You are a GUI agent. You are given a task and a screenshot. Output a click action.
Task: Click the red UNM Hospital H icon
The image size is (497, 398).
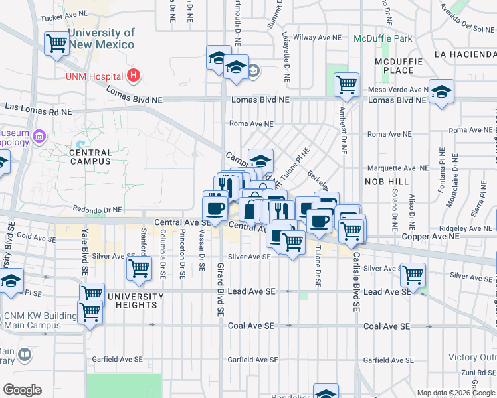pyautogui.click(x=135, y=76)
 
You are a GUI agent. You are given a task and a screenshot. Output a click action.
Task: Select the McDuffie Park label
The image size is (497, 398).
pyautogui.click(x=383, y=38)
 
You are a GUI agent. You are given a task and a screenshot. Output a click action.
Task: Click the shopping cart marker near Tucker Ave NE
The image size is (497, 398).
pyautogui.click(x=56, y=43)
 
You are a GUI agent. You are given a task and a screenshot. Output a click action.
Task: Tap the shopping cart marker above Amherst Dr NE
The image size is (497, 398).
pyautogui.click(x=346, y=84)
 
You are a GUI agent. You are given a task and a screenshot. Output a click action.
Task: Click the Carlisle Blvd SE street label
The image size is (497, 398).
pyautogui.click(x=356, y=281)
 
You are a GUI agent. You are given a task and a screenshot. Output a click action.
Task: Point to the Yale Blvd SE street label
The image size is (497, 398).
pyautogui.click(x=85, y=252)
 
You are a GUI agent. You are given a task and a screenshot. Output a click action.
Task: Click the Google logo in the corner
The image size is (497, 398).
pyautogui.click(x=21, y=390)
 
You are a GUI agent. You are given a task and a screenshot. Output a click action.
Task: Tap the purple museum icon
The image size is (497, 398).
pyautogui.click(x=40, y=137)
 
